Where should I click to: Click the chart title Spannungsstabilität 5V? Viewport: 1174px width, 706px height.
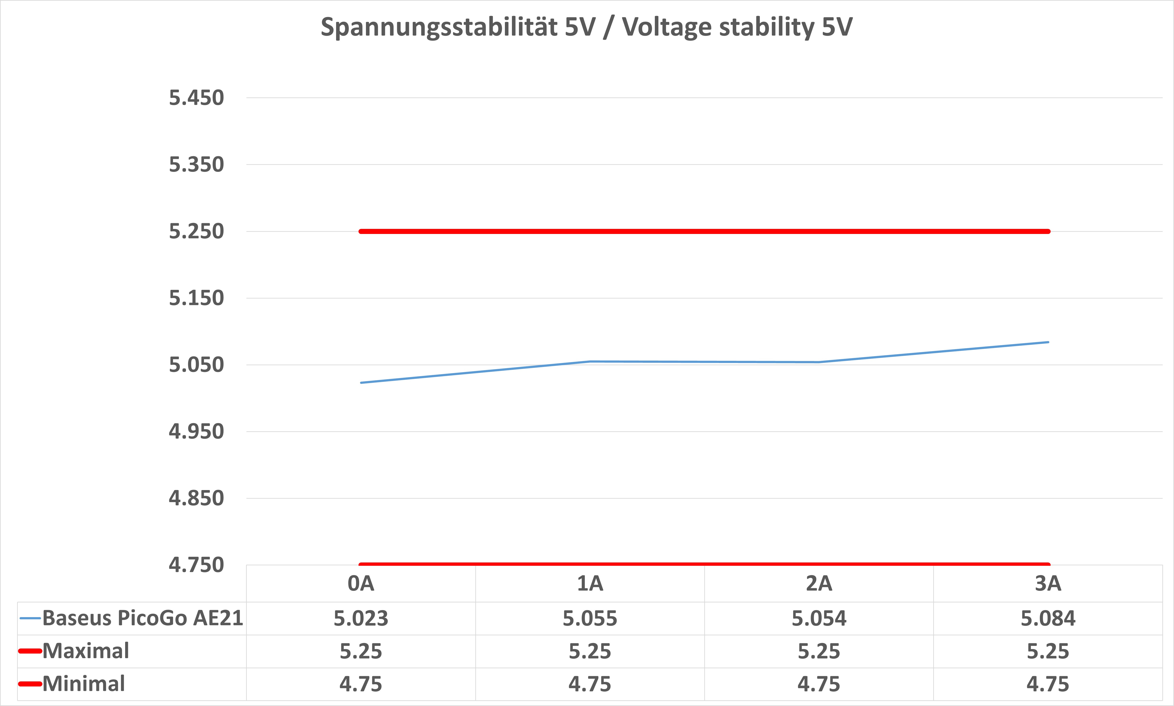[586, 27]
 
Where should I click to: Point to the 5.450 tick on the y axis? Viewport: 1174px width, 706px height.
[196, 98]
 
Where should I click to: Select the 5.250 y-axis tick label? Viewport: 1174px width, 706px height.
[196, 232]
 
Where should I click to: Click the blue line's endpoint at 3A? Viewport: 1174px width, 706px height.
[1048, 342]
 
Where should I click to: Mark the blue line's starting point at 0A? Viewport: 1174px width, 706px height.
[361, 383]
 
